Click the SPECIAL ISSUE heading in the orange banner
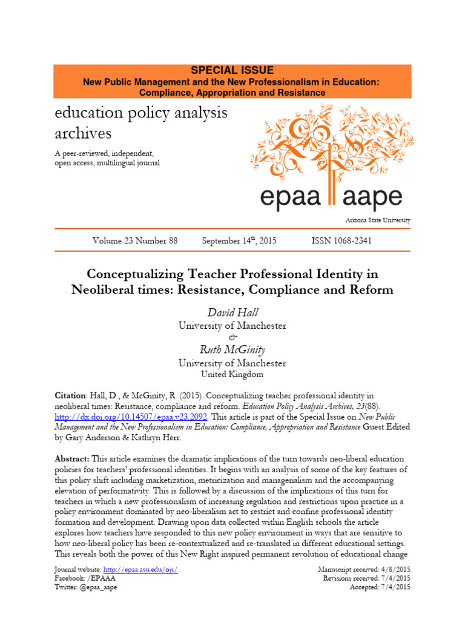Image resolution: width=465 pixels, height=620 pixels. point(232,70)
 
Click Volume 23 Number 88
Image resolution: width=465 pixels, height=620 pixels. point(135,241)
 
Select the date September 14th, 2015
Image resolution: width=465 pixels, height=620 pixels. point(239,241)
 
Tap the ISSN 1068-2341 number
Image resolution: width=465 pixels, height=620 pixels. point(341,241)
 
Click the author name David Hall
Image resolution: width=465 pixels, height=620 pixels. point(232,312)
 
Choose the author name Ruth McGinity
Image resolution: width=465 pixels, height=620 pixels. point(232,350)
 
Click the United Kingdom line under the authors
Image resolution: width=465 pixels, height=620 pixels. point(232,375)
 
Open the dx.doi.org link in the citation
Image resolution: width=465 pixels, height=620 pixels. point(131,417)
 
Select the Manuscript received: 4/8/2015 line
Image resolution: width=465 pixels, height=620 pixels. point(364,570)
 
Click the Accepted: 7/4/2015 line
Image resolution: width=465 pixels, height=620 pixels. point(380,588)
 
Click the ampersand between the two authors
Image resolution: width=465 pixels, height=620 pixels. point(232,337)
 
